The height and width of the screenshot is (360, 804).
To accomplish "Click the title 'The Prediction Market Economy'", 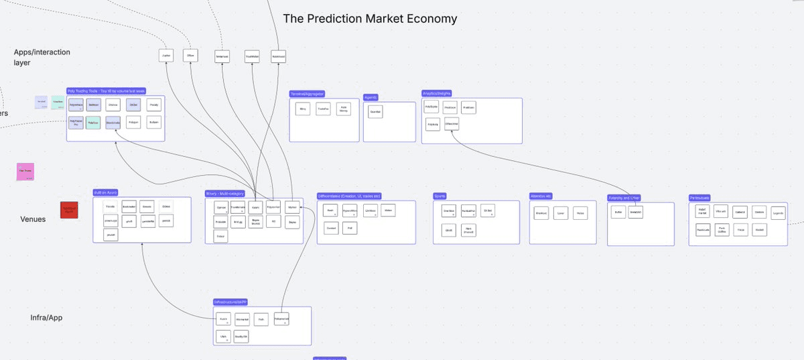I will pyautogui.click(x=370, y=19).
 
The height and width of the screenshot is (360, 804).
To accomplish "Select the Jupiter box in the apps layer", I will pyautogui.click(x=167, y=56).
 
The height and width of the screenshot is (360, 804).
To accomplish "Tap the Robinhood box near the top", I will pyautogui.click(x=279, y=56).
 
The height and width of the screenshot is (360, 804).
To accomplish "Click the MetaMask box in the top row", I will pyautogui.click(x=223, y=56).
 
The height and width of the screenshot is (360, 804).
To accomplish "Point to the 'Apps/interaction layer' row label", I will pyautogui.click(x=42, y=57).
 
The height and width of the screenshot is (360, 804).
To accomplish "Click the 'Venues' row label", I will pyautogui.click(x=33, y=219).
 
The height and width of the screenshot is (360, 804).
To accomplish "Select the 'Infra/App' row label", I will pyautogui.click(x=46, y=317).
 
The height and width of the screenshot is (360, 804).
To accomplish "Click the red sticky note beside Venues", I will pyautogui.click(x=69, y=211).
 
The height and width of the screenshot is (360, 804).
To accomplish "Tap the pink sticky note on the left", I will pyautogui.click(x=25, y=172).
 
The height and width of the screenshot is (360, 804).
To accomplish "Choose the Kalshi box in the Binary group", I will pyautogui.click(x=255, y=208).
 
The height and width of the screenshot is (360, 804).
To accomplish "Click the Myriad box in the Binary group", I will pyautogui.click(x=291, y=208).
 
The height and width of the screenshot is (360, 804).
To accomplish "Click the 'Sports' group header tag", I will pyautogui.click(x=440, y=196).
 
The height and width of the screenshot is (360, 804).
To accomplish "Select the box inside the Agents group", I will pyautogui.click(x=375, y=113).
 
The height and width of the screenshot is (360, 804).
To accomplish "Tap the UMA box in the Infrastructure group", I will pyautogui.click(x=224, y=335).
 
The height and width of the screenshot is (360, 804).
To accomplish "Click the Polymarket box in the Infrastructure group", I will pyautogui.click(x=281, y=320).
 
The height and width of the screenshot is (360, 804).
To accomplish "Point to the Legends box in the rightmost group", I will pyautogui.click(x=777, y=213).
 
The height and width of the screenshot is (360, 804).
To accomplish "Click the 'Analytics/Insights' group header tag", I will pyautogui.click(x=437, y=93).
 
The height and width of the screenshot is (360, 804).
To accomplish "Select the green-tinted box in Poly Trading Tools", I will pyautogui.click(x=93, y=124).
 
